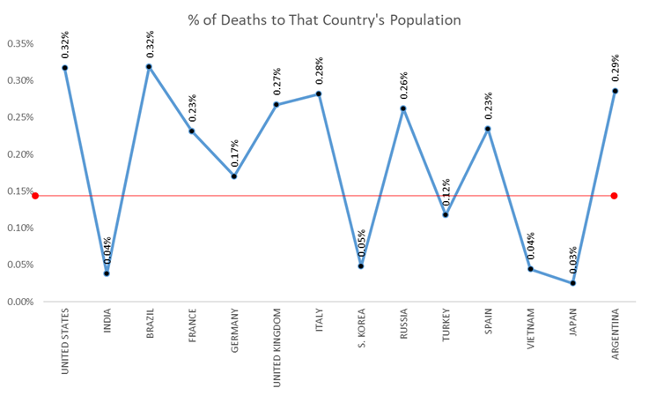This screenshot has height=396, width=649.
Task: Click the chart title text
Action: coord(323,19)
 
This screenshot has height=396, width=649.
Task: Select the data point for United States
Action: coord(64,68)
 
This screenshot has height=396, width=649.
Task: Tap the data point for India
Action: coord(107,273)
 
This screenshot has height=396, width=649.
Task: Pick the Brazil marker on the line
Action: coord(148,66)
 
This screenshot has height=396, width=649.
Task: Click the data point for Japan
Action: coord(572,283)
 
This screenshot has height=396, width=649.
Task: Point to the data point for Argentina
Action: coord(615,91)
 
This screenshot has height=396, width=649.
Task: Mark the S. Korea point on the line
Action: coord(360,265)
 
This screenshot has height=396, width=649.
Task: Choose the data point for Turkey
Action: coord(446,214)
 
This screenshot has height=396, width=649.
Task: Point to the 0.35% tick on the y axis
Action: coord(21,43)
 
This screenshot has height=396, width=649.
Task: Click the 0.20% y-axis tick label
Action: coord(21,154)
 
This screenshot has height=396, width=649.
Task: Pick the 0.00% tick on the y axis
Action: coord(21,302)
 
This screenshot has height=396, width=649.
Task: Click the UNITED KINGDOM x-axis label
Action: coord(277,342)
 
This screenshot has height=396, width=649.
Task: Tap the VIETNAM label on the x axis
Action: coord(530,330)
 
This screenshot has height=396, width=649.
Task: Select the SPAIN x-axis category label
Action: coord(488,325)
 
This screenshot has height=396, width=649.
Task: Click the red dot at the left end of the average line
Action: coord(35,196)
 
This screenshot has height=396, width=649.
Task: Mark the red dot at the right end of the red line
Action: coord(614,196)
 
